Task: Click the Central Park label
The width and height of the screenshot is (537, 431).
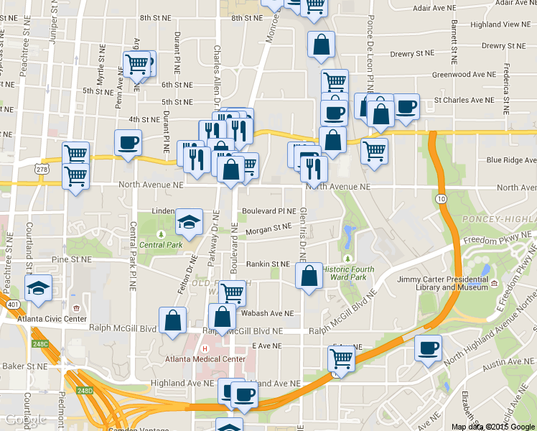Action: point(162,245)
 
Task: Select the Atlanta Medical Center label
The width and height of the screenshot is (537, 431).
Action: point(204,359)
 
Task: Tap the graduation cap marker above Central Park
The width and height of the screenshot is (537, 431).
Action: point(189,222)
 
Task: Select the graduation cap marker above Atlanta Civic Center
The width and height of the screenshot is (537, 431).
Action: point(38,289)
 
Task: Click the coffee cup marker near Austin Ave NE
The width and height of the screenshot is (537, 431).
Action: point(429,348)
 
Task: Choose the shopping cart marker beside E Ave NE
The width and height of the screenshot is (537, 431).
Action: point(342,359)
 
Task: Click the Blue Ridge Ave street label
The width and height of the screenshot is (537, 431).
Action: point(510,160)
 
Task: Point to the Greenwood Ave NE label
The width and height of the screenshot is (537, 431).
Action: point(464,74)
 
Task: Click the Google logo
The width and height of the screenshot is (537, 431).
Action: point(26,420)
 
